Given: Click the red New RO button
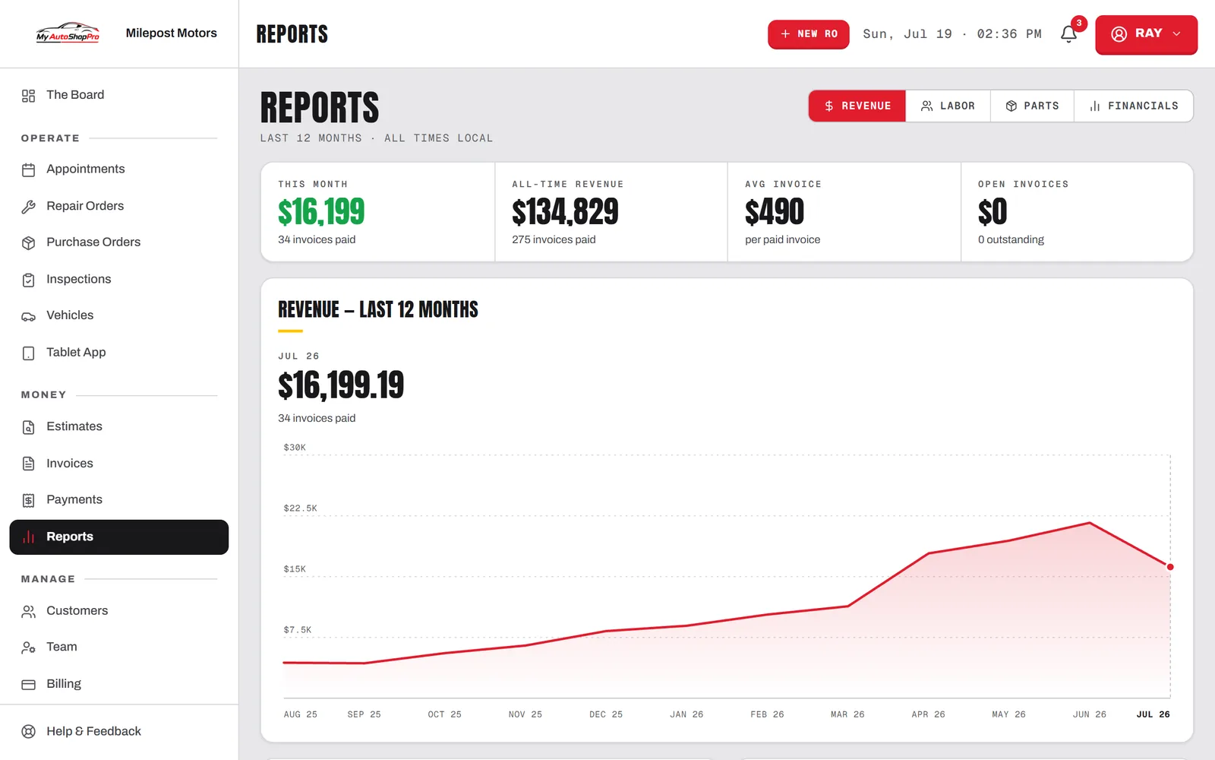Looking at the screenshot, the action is [808, 34].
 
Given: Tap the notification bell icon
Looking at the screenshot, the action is [1068, 34].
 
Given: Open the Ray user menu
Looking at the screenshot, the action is [1146, 34].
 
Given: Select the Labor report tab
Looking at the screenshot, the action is [948, 106].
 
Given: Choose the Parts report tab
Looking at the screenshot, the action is [1032, 106].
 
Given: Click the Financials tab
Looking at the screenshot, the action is [1134, 106].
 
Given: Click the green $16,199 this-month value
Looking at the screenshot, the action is [321, 212].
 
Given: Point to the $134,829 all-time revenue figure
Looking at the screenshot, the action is [565, 212].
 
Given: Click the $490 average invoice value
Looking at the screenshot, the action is [775, 212].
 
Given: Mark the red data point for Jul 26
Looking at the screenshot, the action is [1170, 567].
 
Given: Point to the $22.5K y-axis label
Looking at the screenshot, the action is [301, 508].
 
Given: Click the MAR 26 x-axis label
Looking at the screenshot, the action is [847, 714].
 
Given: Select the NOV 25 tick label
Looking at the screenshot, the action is [525, 714].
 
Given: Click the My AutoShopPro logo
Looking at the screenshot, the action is [68, 33].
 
